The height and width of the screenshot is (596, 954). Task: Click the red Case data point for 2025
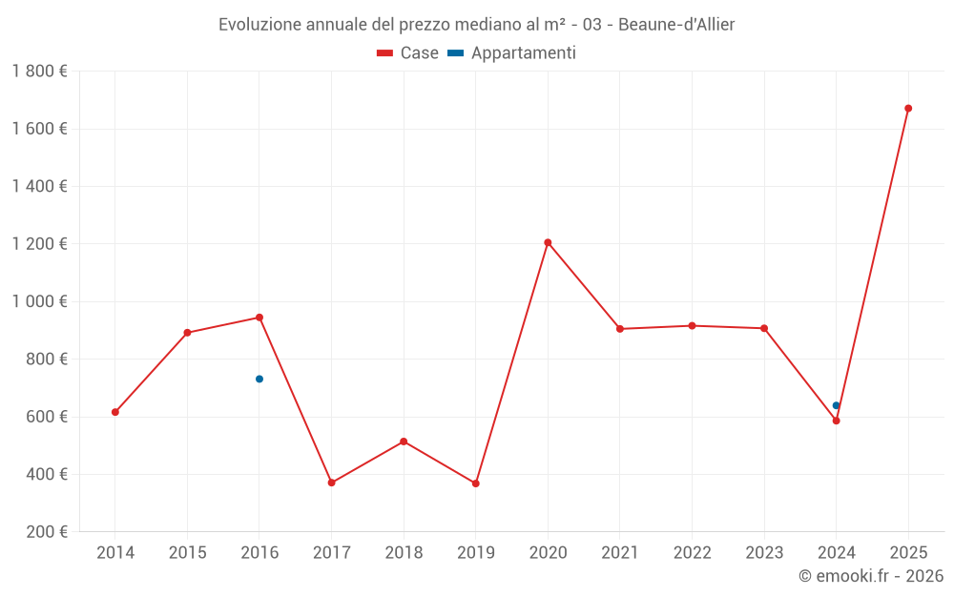coord(908,109)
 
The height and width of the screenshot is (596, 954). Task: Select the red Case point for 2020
coord(548,242)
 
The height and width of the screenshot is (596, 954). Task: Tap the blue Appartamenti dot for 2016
coord(259,380)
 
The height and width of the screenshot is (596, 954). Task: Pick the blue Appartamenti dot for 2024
coord(837,405)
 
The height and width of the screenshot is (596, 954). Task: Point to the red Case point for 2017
coord(332,483)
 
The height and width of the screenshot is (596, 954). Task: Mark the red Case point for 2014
coord(115,412)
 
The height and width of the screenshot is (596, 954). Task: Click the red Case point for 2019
coord(476,483)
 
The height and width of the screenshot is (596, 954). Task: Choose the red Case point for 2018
coord(404,442)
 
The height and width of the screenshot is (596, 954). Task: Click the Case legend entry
coord(408,53)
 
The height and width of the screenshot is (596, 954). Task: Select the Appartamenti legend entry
coord(512,53)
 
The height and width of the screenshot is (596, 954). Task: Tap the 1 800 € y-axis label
coord(39,72)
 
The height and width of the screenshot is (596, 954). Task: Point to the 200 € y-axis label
coord(46,532)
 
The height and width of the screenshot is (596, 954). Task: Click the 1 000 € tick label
coord(39,301)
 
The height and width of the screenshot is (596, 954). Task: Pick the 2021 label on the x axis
coord(620,553)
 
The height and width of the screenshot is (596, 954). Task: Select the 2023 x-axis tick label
coord(764,553)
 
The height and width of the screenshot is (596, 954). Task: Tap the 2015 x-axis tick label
coord(187,553)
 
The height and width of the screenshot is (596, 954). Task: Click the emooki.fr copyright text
coord(871,576)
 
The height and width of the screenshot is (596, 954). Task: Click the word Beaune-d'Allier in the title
coord(676,24)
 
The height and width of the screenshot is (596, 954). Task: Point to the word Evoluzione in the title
coord(259,24)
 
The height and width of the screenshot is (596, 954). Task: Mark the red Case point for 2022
coord(692,326)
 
